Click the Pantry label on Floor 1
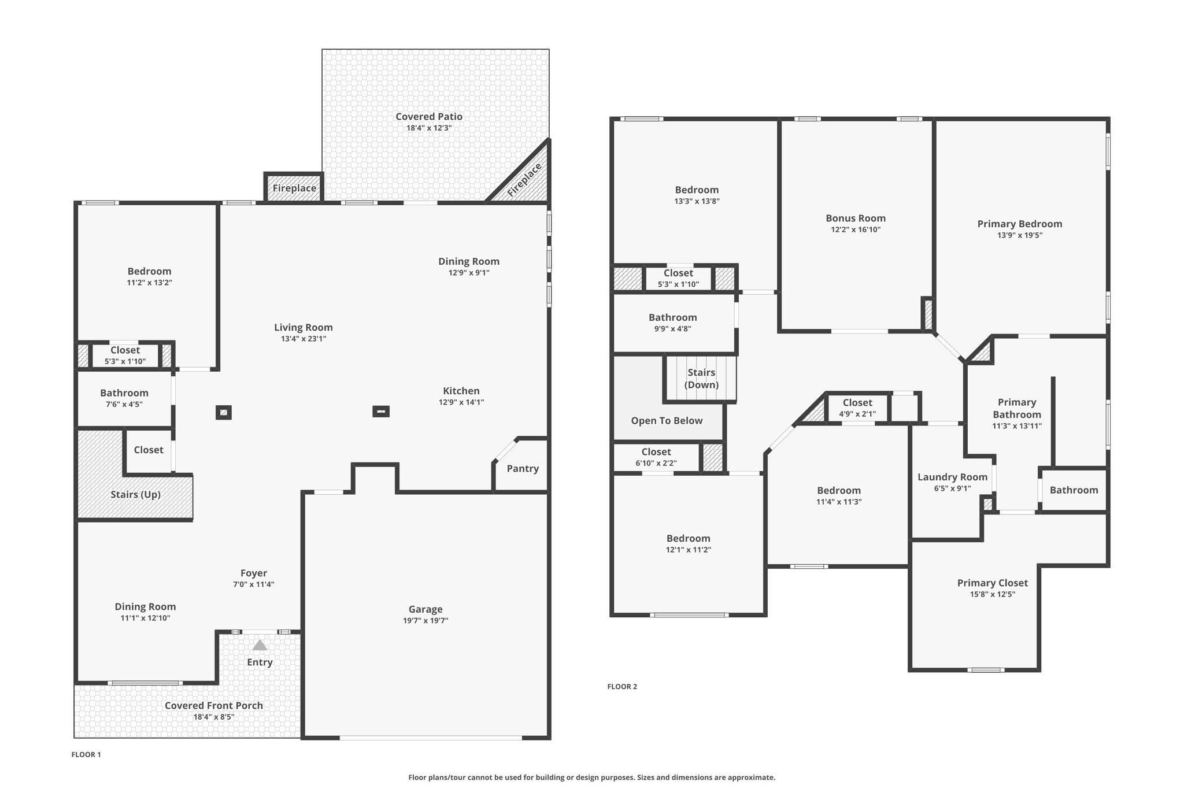pos(523,469)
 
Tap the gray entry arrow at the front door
pos(260,644)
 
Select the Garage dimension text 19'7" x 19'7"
pos(425,621)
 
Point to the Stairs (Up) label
pos(136,495)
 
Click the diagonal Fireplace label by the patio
pos(524,180)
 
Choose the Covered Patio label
pos(429,117)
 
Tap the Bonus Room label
pos(856,218)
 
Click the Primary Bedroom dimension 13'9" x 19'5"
pos(1020,235)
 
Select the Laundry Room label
pos(952,477)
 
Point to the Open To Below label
pos(667,421)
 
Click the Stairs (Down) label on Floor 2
pos(701,379)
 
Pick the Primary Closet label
pos(992,583)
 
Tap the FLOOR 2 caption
pos(622,687)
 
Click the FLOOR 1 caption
pos(86,754)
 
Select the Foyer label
pos(254,573)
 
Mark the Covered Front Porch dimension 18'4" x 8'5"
pos(214,717)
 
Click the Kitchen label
pos(461,391)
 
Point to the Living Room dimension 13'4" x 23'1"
pos(304,339)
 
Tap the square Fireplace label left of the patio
pos(294,188)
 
